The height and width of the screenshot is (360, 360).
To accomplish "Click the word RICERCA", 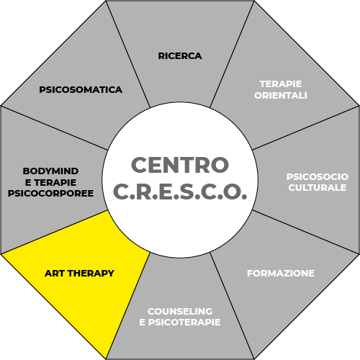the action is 180,56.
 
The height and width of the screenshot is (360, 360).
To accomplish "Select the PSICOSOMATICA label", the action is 81,90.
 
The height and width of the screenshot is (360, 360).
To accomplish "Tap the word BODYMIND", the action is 50,171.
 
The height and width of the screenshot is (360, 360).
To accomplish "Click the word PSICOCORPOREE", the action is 50,194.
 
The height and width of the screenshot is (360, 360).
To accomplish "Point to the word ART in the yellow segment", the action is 55,274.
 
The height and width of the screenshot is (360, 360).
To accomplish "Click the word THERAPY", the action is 91,274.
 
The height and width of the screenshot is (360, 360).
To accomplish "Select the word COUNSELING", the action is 180,311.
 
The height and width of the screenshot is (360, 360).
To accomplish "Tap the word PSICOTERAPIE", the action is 184,323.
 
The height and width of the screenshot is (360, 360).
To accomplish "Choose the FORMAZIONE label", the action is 281,274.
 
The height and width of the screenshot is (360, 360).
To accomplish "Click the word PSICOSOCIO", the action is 318,177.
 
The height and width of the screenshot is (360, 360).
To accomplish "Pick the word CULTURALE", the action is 318,188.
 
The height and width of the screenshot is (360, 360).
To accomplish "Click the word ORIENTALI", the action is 281,96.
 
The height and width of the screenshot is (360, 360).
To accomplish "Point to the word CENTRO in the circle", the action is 180,165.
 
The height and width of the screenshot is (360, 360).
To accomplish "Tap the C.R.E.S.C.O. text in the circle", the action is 180,192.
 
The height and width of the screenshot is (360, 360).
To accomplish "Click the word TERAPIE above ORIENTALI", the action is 281,84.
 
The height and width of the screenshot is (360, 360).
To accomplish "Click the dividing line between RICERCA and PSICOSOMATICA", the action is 128,54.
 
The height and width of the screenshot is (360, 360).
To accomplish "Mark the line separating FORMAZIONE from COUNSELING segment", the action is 232,306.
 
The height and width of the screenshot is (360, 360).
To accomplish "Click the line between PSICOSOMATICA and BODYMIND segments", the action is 54,127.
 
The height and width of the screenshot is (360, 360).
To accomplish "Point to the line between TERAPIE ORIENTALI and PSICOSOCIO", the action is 306,127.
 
